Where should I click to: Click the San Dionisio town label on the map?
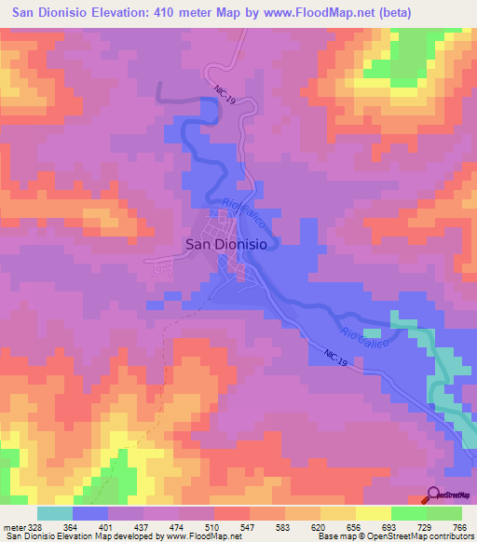point(227,243)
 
